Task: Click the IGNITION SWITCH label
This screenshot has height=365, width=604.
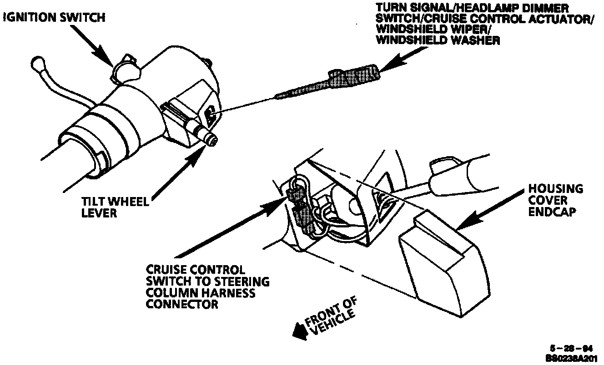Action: (54, 18)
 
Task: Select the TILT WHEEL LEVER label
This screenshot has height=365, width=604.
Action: (115, 207)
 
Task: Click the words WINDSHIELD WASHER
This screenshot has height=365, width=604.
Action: (439, 40)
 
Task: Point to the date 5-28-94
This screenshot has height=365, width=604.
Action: (570, 349)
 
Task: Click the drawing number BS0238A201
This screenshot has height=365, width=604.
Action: (570, 357)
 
